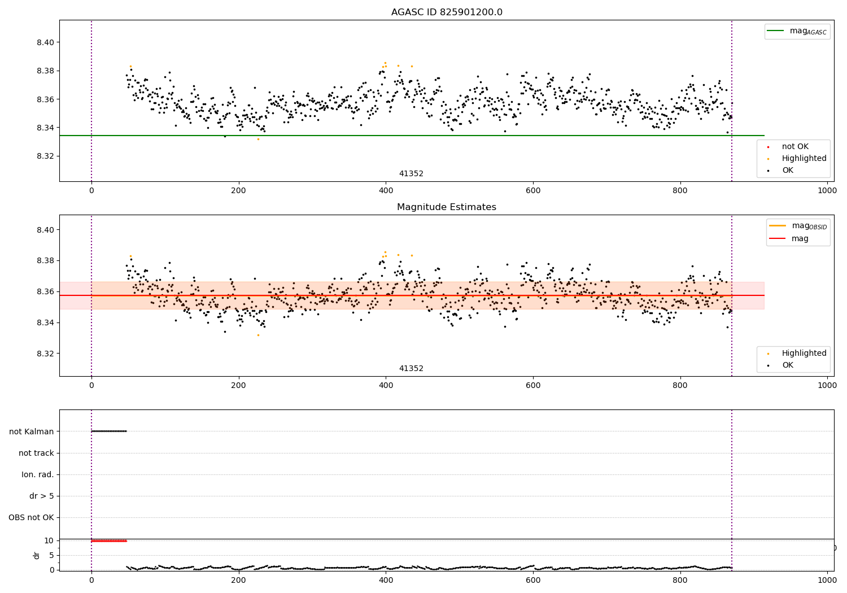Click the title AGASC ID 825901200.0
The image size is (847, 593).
pos(447,12)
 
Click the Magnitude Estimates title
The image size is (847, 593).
pos(447,207)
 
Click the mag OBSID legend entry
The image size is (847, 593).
pos(798,226)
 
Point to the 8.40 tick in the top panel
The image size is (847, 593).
pos(45,42)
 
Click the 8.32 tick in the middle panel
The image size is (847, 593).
pos(45,354)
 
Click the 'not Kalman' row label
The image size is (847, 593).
pos(32,431)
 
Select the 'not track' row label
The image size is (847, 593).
pos(36,453)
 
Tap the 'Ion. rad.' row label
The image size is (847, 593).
pos(38,474)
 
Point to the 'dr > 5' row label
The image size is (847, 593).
pos(42,496)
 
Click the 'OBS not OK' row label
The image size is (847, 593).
pos(32,517)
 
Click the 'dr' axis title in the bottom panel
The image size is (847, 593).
pos(36,555)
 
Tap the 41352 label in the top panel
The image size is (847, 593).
pos(412,173)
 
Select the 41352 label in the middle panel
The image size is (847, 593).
pos(412,368)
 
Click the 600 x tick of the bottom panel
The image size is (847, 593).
pos(533,581)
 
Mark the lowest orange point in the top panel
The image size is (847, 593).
pos(258,139)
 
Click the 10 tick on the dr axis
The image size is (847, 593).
pos(49,541)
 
